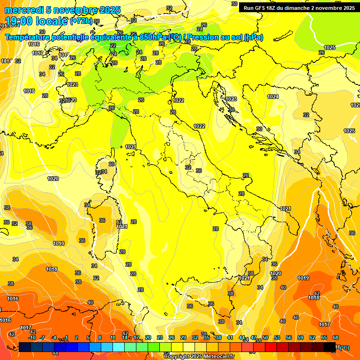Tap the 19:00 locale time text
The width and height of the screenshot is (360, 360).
[36, 21]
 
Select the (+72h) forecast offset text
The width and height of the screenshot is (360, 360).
[81, 22]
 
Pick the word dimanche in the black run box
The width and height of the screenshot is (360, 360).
[295, 8]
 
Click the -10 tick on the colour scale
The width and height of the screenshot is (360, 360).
[32, 337]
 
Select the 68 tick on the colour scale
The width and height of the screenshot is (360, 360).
[336, 337]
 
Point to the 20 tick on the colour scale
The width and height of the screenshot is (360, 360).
[148, 337]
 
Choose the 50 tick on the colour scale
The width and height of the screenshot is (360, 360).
[265, 337]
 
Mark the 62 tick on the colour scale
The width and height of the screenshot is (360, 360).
[312, 337]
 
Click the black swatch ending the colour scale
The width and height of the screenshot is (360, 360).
[330, 347]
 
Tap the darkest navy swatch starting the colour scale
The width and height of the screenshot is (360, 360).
[25, 347]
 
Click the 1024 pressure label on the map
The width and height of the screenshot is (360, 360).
[273, 97]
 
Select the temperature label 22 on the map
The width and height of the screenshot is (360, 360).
[113, 45]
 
